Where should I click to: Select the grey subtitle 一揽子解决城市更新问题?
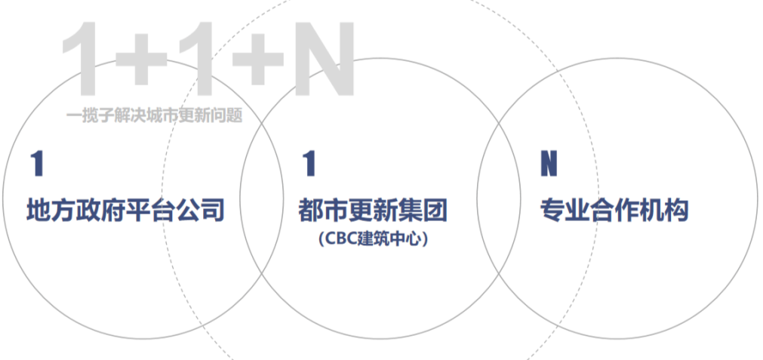(154, 116)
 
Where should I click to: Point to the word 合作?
(614, 210)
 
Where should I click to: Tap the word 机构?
(664, 210)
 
